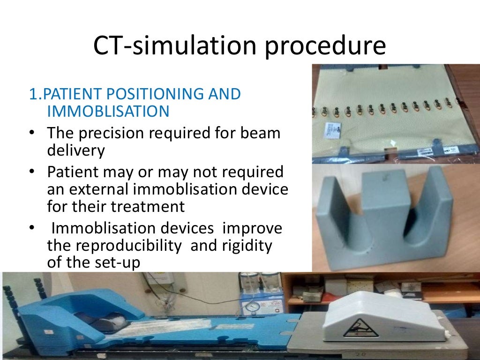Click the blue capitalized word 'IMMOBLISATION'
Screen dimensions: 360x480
click(108, 112)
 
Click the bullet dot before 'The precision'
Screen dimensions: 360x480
click(31, 134)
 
